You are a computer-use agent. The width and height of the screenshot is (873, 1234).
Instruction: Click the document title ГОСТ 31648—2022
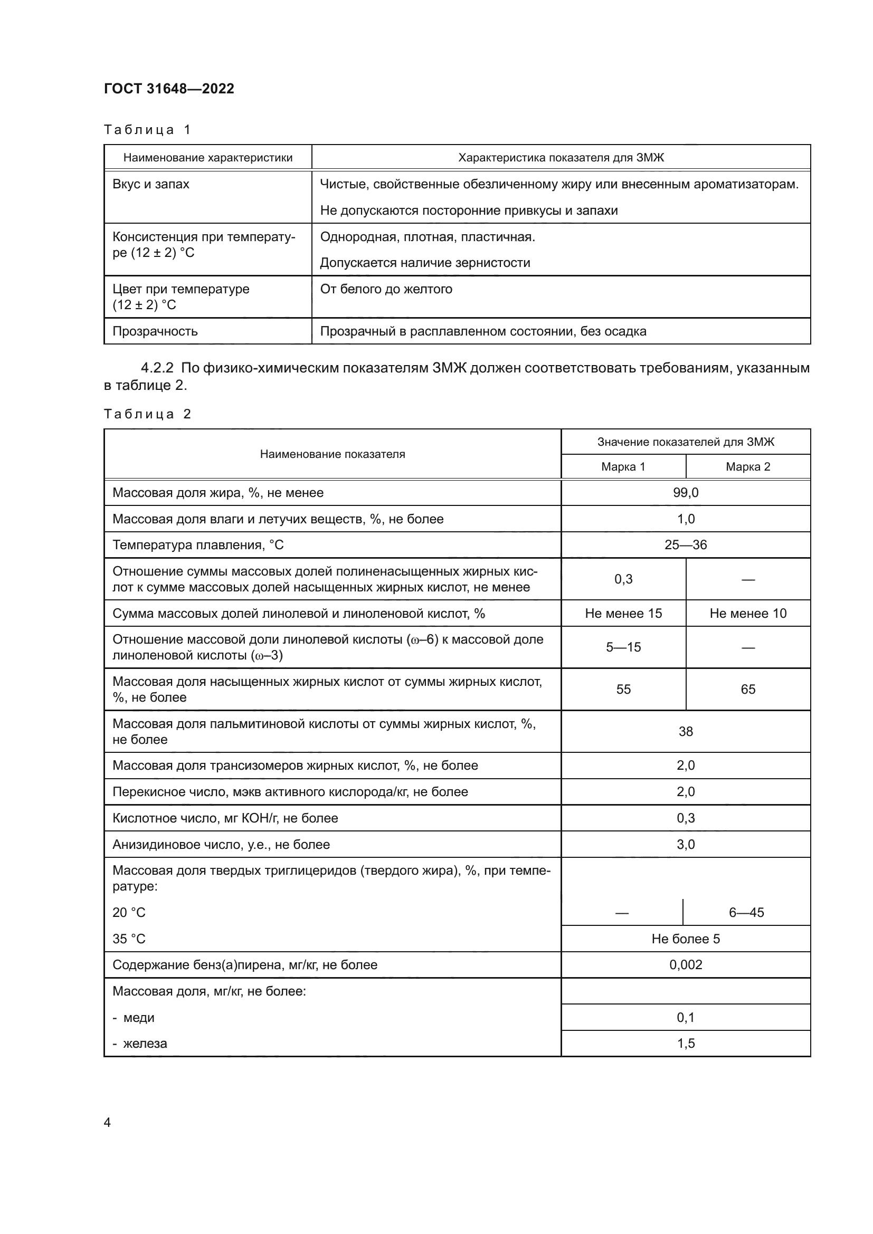pos(169,89)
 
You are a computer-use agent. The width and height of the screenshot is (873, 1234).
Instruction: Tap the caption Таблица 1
pos(147,130)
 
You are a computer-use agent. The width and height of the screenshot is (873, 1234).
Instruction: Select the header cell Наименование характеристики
pos(207,157)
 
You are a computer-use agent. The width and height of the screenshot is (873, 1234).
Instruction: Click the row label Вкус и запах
pos(150,184)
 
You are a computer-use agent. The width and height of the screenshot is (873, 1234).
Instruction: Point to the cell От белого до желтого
pos(386,289)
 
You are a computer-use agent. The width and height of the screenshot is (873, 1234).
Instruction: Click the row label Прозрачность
pos(155,331)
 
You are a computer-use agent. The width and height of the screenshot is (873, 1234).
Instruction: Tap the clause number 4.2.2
pos(157,368)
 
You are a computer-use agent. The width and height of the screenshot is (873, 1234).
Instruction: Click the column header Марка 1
pos(623,466)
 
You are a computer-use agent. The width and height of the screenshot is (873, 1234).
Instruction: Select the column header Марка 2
pos(748,466)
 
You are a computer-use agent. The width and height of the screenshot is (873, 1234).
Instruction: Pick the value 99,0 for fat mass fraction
pos(686,493)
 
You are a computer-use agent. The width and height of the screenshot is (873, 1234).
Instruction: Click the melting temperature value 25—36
pos(686,545)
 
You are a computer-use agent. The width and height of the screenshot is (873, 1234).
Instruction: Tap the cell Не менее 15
pos(623,613)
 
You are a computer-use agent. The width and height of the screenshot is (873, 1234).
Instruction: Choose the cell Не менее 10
pos(748,613)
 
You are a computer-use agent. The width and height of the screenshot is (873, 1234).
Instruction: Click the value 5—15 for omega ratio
pos(623,647)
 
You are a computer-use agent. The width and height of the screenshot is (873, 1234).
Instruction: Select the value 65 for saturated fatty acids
pos(748,689)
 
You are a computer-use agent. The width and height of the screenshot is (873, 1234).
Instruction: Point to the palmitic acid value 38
pos(686,731)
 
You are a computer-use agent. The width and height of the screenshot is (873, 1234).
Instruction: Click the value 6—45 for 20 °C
pos(746,913)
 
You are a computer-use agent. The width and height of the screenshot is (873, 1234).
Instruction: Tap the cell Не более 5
pos(686,939)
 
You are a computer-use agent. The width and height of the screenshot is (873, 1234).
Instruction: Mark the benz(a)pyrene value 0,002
pos(686,965)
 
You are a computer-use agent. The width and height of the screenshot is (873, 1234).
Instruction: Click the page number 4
pos(107,1123)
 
